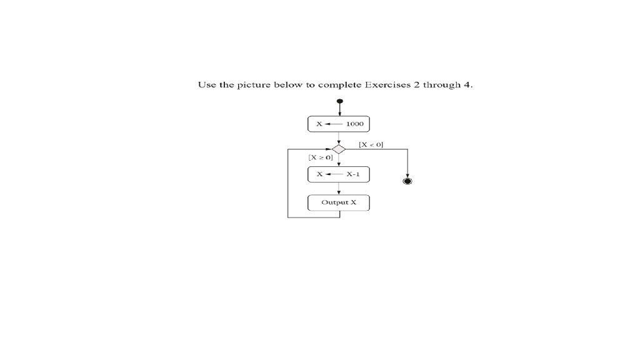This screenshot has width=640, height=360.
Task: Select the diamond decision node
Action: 338,149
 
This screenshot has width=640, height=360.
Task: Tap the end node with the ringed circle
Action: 407,181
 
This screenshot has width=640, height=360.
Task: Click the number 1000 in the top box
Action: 354,124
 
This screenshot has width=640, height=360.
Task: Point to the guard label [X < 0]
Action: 371,144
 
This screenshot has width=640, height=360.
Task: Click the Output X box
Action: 339,202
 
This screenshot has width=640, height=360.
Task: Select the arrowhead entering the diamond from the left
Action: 329,149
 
